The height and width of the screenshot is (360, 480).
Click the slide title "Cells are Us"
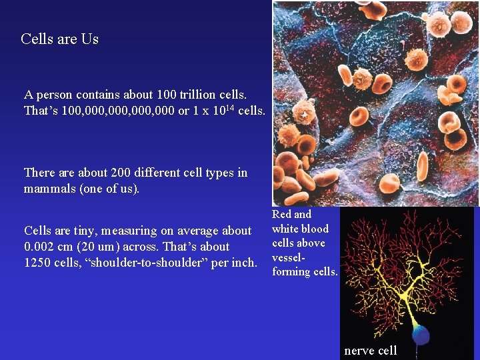[x=59, y=39]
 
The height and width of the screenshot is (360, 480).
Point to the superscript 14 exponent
[x=229, y=106]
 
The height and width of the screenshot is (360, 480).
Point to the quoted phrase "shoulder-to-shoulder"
[x=149, y=263]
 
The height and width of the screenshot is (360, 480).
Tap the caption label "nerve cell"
[x=370, y=351]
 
